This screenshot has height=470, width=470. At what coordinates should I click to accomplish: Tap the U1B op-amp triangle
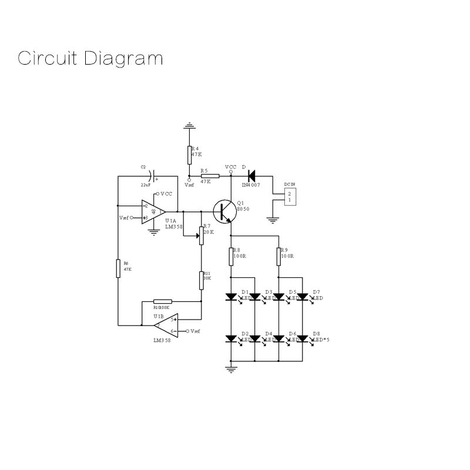pos(166,325)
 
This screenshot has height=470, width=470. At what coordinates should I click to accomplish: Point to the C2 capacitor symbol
pos(152,175)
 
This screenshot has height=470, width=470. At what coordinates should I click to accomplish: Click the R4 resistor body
pos(189,155)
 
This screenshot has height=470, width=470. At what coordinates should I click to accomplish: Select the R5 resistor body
pos(210,176)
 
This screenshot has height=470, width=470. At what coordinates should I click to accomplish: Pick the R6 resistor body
pos(119,269)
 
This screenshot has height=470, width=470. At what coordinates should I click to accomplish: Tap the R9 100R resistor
pos(278,256)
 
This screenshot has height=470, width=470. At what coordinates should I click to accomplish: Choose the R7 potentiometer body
pos(201,235)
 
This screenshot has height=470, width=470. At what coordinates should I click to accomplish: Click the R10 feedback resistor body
pos(162,301)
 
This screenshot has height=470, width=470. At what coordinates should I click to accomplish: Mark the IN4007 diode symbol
pos(251,175)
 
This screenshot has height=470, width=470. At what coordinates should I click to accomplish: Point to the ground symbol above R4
pos(189,126)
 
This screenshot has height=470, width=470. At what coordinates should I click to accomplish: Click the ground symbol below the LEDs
pos(231,369)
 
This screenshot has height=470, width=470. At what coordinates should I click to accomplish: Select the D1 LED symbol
pos(231,297)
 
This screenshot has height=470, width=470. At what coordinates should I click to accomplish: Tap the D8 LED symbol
pos(303,339)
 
